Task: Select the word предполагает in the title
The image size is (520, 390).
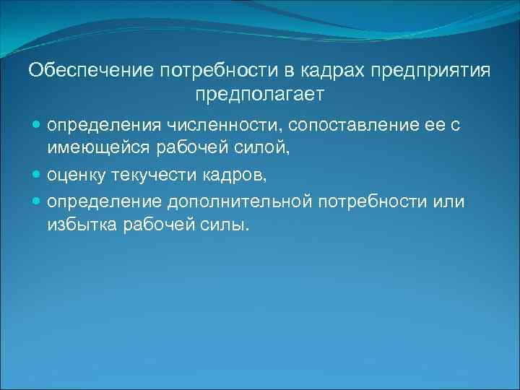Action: [x=260, y=94]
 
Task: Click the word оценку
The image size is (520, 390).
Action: [x=77, y=175]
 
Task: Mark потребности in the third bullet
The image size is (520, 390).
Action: [x=370, y=201]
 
